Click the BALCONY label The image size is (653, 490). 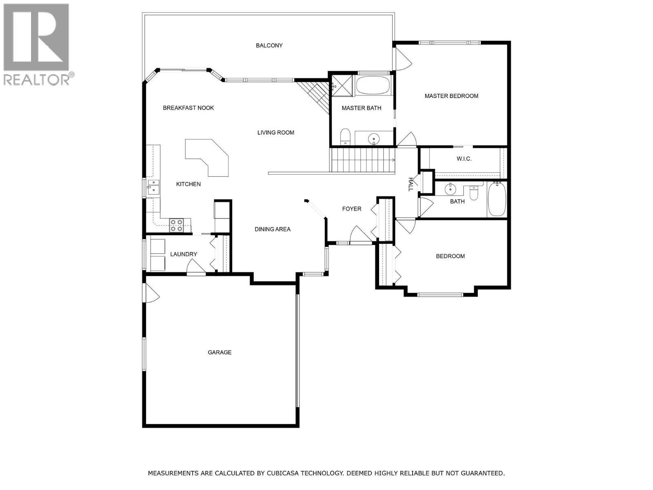[269, 45]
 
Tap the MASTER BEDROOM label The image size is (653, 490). [451, 96]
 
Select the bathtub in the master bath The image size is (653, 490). [373, 85]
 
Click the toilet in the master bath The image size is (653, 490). [345, 137]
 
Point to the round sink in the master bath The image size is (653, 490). [374, 139]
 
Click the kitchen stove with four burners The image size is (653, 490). [177, 225]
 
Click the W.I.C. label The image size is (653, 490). [464, 158]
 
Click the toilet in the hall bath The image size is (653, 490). [473, 193]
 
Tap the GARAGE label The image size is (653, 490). [220, 352]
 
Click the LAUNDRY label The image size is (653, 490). [184, 254]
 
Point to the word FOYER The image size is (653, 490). [351, 209]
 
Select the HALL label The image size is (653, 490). [411, 184]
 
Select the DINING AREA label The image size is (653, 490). [273, 229]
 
